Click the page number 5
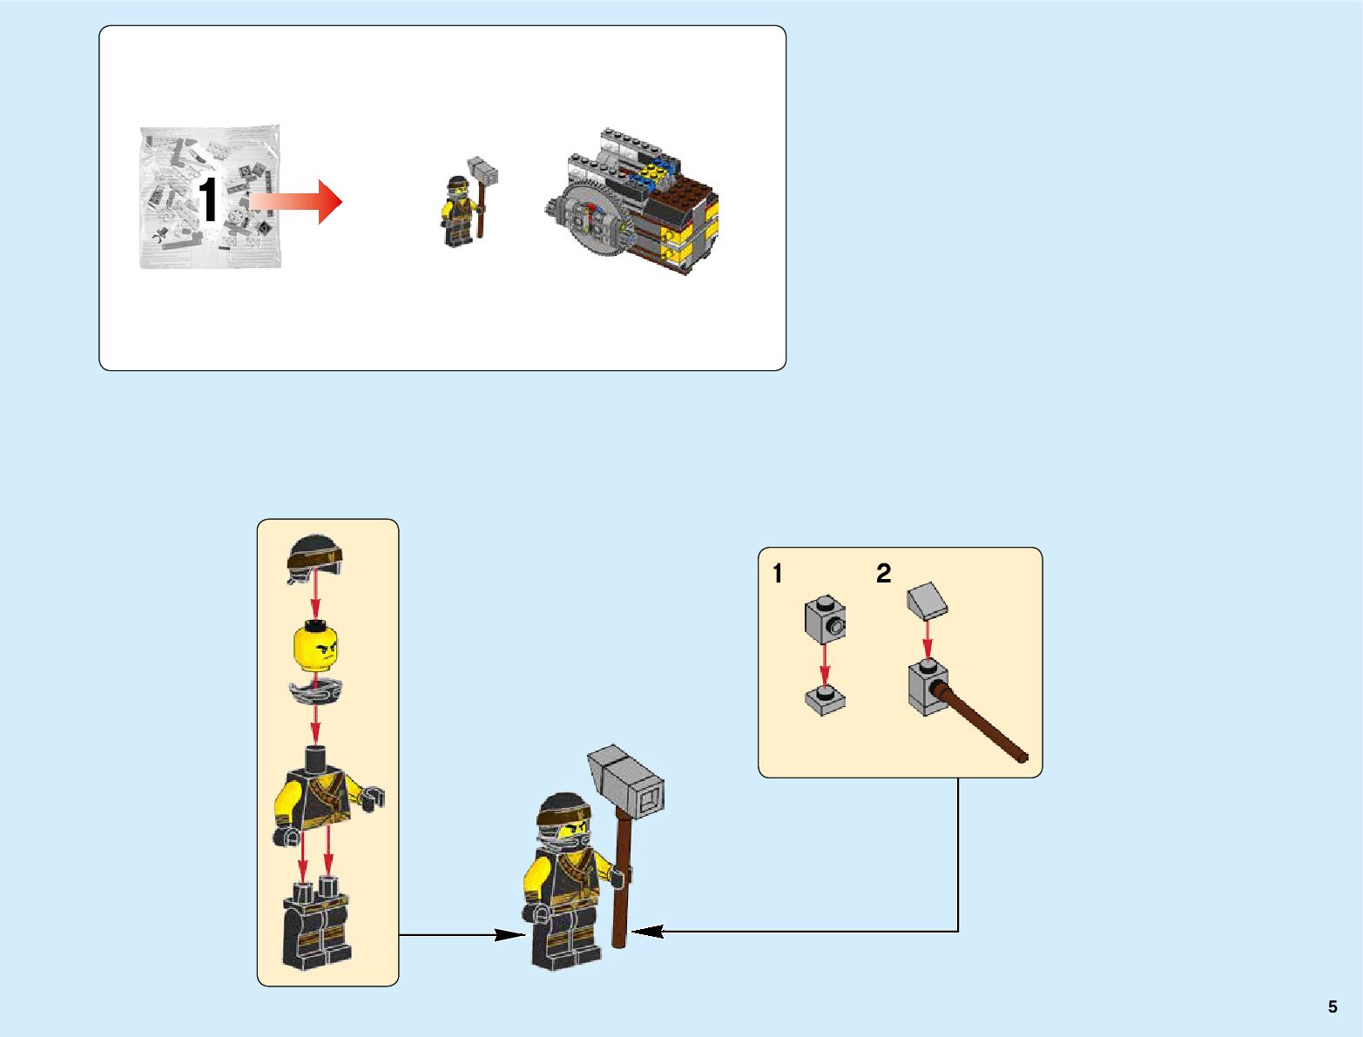click(x=1332, y=1007)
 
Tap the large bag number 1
click(x=208, y=201)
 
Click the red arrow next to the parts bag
click(x=296, y=201)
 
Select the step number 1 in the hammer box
click(x=778, y=575)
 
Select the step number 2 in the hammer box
click(x=883, y=575)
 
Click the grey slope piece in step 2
click(x=928, y=600)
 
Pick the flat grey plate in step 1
click(x=826, y=699)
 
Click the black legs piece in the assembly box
click(x=315, y=927)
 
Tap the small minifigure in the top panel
click(x=459, y=212)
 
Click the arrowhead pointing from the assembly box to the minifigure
click(x=509, y=935)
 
